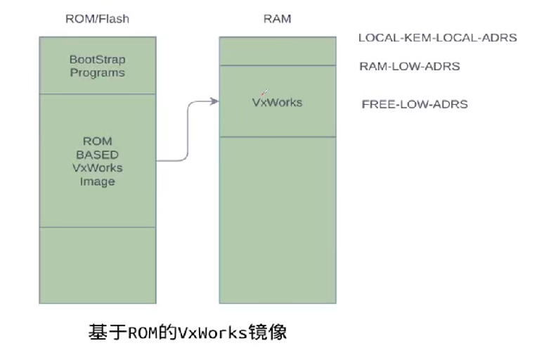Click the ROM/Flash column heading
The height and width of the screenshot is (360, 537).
pos(96,19)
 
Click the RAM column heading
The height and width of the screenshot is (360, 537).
pos(277,19)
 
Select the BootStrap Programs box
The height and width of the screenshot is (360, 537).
pos(97,65)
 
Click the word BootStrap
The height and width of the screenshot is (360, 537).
pos(97,59)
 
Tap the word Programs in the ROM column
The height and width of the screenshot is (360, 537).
pos(97,72)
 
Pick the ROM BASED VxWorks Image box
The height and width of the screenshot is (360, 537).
pos(97,160)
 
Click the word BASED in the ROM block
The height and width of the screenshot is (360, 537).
pos(97,155)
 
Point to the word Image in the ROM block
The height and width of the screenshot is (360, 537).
pos(97,181)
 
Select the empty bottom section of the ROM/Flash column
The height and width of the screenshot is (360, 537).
pos(97,265)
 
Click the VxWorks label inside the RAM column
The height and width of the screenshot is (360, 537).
pos(277,103)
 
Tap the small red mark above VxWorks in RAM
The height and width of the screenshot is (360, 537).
pos(264,92)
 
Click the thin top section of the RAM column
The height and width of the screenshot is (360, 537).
pos(278,51)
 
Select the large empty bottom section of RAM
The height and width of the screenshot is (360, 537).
pos(278,219)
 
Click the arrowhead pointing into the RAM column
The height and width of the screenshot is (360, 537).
pos(214,102)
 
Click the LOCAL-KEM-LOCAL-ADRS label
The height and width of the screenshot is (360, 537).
pos(437,38)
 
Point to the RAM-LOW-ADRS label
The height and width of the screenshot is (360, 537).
pos(409,67)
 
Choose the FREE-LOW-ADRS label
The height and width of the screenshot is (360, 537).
pos(414,105)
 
